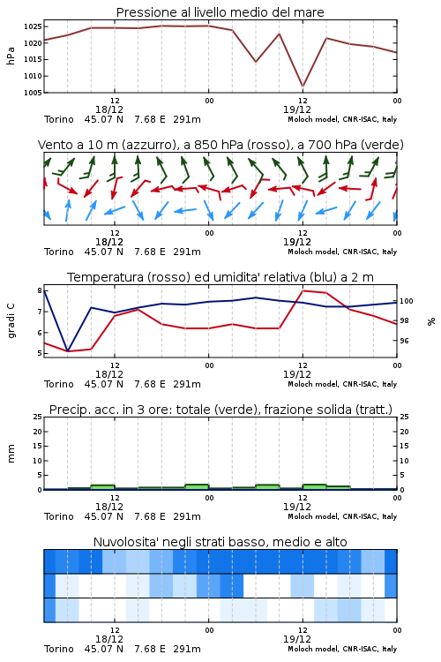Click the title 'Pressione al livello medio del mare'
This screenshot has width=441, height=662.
(x=220, y=12)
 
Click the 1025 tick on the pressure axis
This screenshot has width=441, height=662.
(x=33, y=26)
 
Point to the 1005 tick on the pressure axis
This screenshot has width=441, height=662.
(x=33, y=93)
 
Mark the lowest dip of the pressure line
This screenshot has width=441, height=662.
(x=303, y=87)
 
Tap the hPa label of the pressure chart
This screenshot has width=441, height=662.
(x=11, y=56)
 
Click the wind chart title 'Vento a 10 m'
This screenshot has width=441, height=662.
(x=78, y=145)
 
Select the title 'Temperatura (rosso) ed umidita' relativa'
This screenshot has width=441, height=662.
(x=186, y=277)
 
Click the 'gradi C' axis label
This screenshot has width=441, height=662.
(x=11, y=320)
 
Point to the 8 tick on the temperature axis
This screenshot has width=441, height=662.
(x=40, y=290)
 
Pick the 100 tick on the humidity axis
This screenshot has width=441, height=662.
(x=407, y=301)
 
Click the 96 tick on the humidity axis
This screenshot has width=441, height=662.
(x=404, y=341)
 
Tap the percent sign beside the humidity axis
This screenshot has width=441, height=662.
(x=431, y=321)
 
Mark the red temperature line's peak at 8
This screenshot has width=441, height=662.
(x=303, y=290)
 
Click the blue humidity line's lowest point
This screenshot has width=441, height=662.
(x=68, y=350)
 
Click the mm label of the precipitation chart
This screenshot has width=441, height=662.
(x=11, y=453)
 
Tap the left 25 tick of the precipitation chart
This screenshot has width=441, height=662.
(x=38, y=417)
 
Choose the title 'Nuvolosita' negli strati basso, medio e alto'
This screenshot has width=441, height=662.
(x=220, y=542)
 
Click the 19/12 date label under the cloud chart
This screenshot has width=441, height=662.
(x=297, y=639)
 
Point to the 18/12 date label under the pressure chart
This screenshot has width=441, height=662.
(x=109, y=109)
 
